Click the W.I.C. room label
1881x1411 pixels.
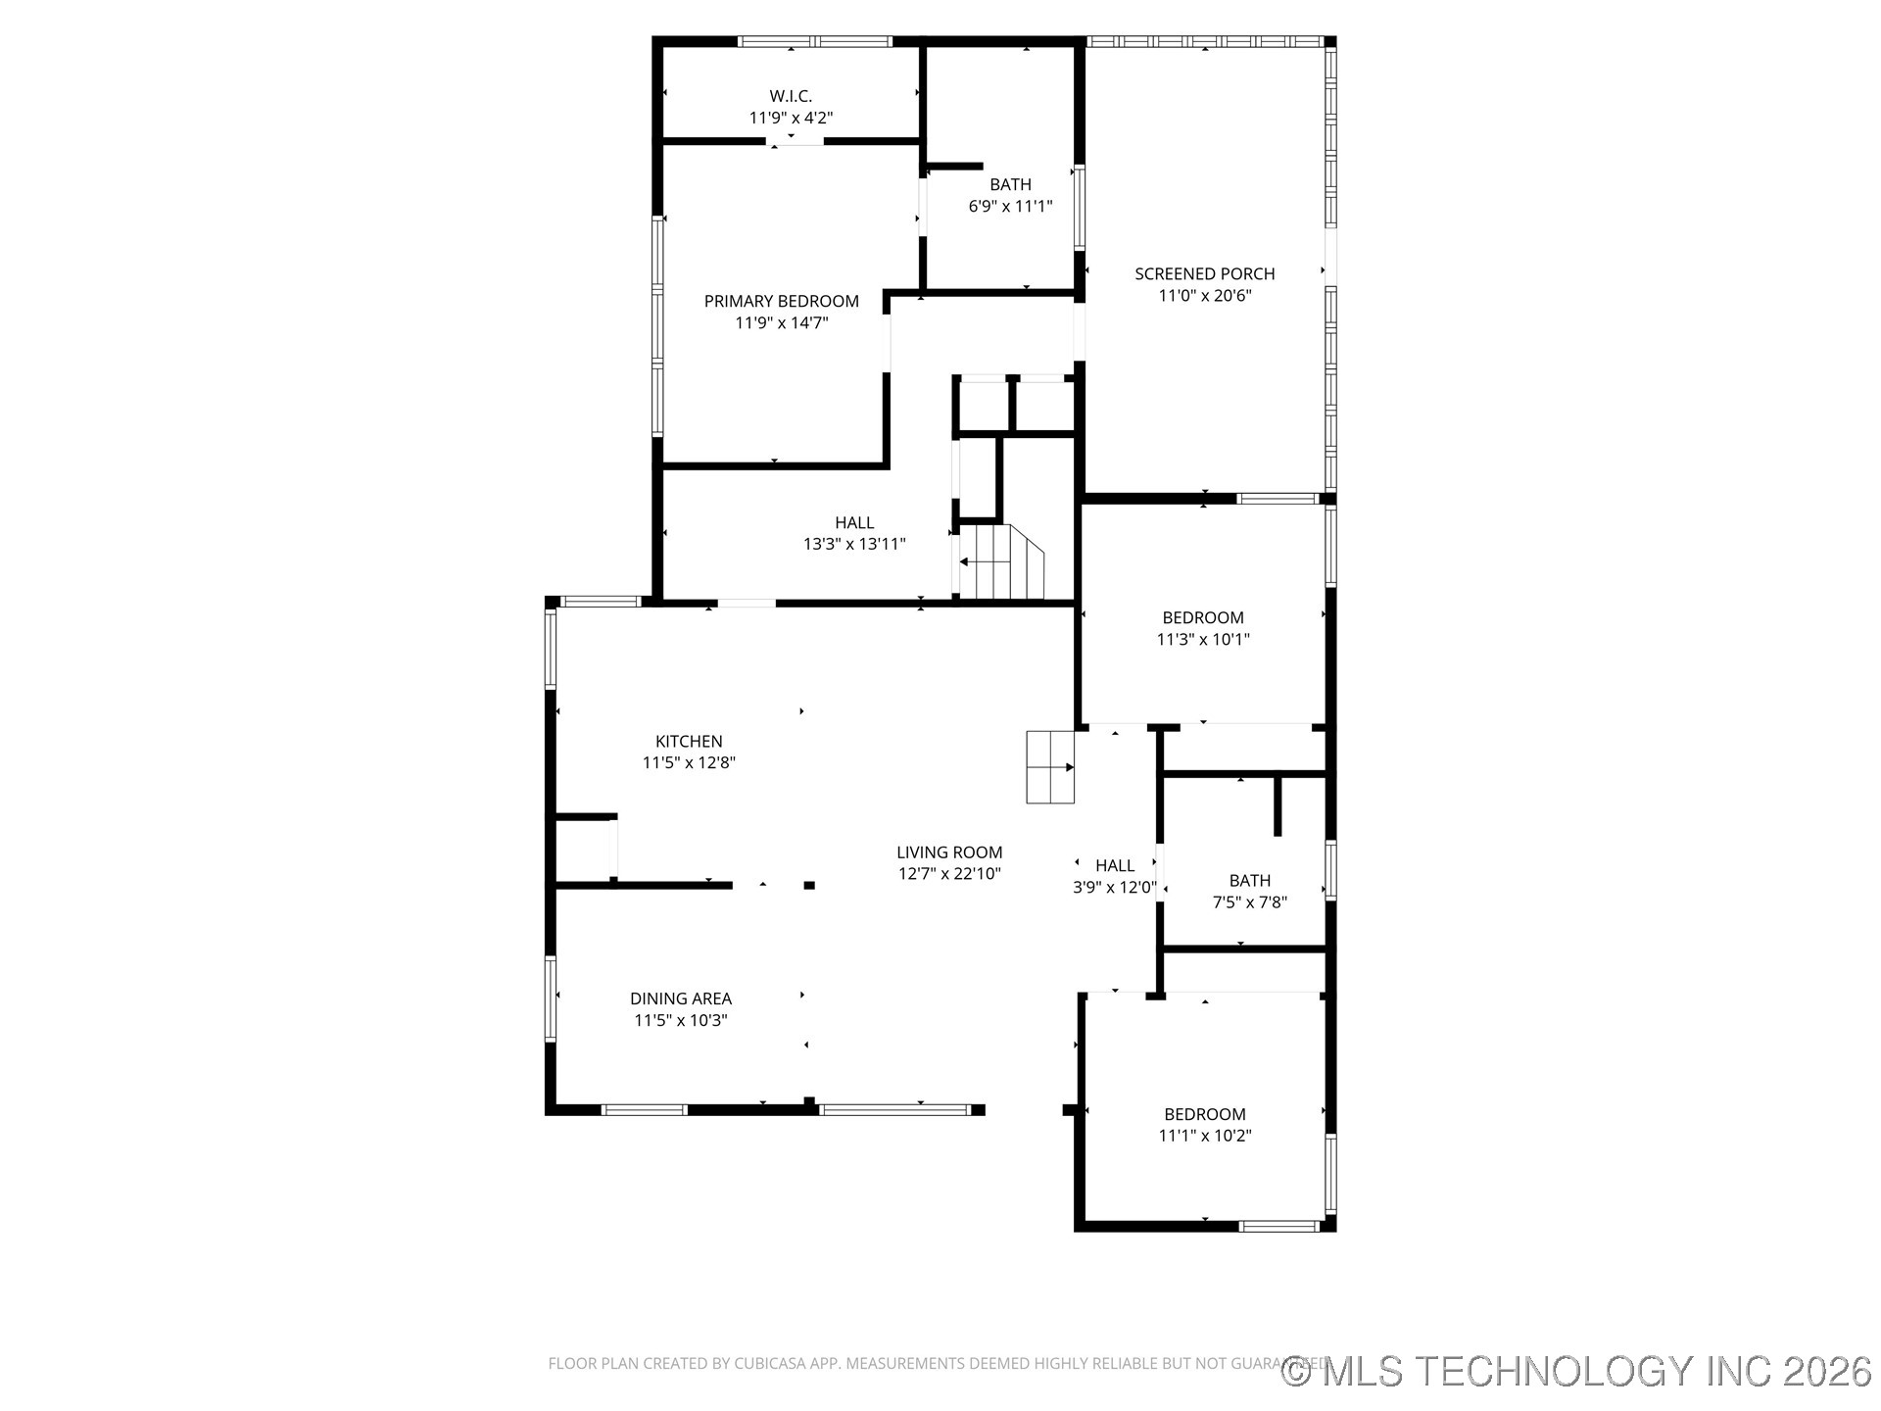coord(791,96)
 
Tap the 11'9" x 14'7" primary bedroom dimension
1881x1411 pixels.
coord(782,322)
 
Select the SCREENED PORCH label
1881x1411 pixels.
coord(1204,274)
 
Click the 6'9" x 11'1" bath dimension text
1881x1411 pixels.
coord(1010,206)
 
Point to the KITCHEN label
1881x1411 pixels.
coord(689,742)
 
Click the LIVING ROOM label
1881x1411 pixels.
coord(949,852)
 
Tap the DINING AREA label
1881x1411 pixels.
coord(680,998)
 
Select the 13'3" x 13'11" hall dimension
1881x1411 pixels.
coord(854,544)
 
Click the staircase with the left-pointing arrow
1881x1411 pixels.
coord(997,562)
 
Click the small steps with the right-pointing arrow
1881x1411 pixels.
coord(1050,767)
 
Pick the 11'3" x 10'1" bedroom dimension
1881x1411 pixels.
coord(1203,639)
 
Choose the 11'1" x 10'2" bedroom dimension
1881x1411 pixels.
coord(1205,1136)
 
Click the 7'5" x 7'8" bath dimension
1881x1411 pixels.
coord(1249,902)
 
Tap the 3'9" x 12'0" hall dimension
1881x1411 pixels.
coord(1114,888)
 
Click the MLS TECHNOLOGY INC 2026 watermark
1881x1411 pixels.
coord(1577,1371)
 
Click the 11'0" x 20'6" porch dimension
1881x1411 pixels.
coord(1205,296)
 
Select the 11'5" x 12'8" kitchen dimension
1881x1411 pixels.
coord(689,763)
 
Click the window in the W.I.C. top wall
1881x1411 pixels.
coord(814,42)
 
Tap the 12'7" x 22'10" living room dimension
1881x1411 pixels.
coord(949,874)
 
